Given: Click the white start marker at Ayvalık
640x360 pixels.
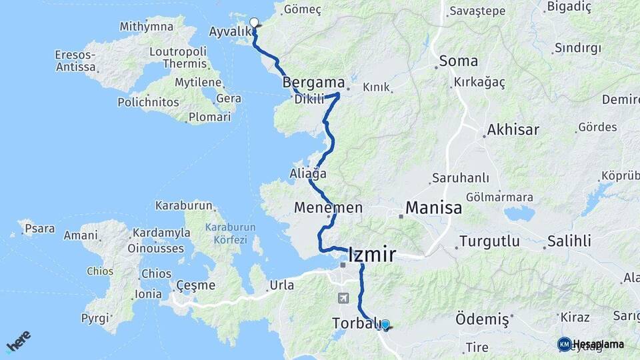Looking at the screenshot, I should (253, 23).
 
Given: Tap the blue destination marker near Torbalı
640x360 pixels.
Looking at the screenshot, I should (385, 325).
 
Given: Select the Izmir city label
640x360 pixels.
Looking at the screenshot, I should (372, 255).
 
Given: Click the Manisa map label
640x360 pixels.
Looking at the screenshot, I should (433, 207).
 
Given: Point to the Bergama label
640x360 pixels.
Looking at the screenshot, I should (313, 83).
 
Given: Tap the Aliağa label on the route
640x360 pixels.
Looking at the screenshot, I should (308, 173).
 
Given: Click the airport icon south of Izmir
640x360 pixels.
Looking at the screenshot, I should (343, 298).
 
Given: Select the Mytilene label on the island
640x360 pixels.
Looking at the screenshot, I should (198, 82).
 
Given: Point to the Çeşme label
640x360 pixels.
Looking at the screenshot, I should (195, 285).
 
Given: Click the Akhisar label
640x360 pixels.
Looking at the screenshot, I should (513, 129).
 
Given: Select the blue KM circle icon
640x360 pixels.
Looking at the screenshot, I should (564, 344).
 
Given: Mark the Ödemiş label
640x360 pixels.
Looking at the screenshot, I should (482, 320).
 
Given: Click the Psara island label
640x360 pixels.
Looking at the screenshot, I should (39, 229).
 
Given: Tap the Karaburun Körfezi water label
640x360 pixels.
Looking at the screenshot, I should (226, 233).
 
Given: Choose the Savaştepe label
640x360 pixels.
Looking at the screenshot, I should (474, 11).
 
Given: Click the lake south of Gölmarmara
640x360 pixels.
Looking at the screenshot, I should (519, 213).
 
